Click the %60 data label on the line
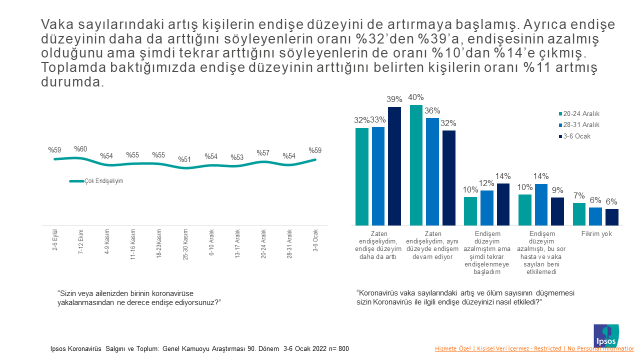[81, 149]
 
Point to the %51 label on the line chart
[184, 159]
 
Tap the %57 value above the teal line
[263, 153]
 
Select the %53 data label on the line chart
[237, 157]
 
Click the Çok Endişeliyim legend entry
[104, 181]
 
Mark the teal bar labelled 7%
[579, 214]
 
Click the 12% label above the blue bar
[487, 184]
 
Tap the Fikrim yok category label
[596, 233]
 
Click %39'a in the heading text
[405, 37]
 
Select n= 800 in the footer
[338, 349]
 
